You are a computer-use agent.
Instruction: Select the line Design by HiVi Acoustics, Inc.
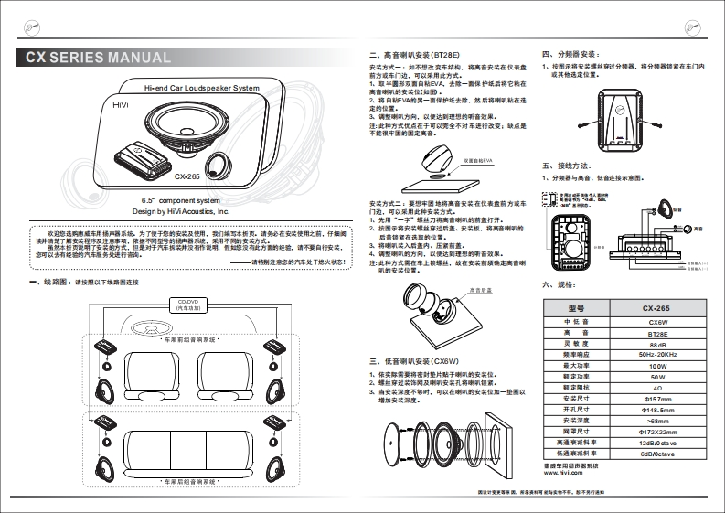(x=180, y=210)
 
